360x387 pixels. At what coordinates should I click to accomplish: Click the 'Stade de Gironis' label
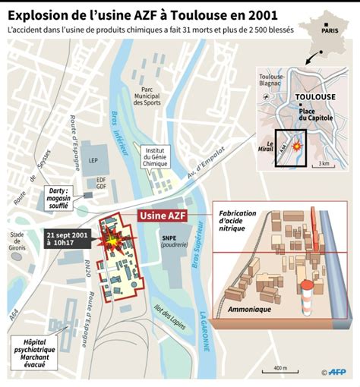20,238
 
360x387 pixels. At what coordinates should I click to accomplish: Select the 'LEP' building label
93,162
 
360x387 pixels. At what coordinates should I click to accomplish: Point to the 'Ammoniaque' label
251,310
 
